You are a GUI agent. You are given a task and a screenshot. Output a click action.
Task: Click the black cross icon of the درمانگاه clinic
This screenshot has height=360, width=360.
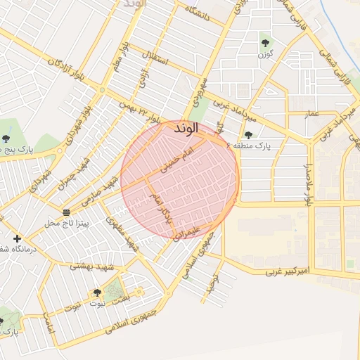(17, 238)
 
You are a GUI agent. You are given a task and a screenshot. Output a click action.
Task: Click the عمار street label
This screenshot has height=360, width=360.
(311, 112)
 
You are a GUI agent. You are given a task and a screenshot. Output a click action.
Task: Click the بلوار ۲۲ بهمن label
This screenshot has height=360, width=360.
(145, 107)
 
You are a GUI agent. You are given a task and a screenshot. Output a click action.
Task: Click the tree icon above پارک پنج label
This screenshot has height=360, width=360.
(6, 139)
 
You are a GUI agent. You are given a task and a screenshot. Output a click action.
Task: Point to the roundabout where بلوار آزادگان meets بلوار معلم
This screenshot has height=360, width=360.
(103, 90)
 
